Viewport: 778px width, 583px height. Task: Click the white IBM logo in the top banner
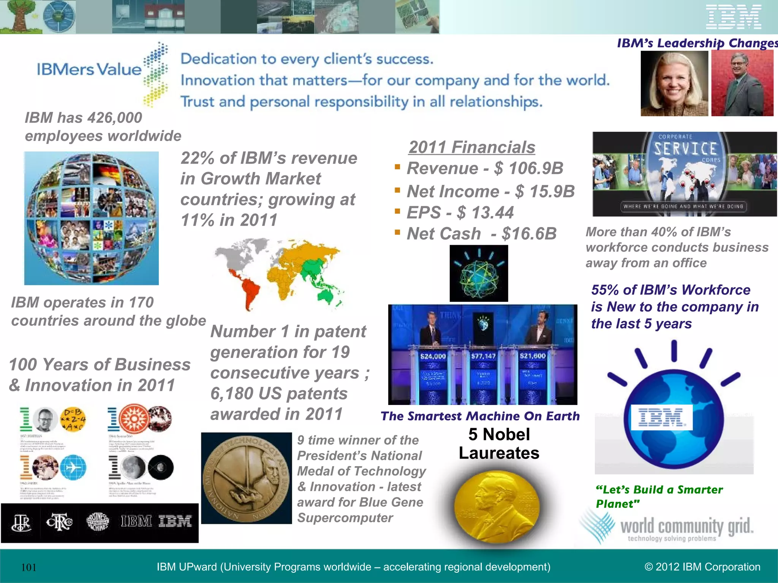tap(734, 17)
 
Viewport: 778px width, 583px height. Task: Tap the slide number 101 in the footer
tap(29, 567)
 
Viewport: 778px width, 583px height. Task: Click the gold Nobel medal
tap(497, 507)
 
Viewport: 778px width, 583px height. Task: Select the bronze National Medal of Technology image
tap(246, 478)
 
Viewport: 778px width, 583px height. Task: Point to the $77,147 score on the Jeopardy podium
tap(483, 356)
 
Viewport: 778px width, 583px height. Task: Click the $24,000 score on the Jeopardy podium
tap(433, 356)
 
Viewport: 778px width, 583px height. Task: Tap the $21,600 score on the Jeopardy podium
tap(533, 356)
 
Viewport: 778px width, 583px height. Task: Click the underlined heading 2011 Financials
tap(472, 147)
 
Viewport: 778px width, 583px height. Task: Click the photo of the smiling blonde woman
tap(674, 84)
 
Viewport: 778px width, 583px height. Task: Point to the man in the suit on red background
tap(742, 84)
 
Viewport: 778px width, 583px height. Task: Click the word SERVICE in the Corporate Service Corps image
tap(685, 148)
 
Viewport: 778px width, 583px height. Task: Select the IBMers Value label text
tap(89, 69)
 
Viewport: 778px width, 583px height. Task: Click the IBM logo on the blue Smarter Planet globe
tap(661, 417)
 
